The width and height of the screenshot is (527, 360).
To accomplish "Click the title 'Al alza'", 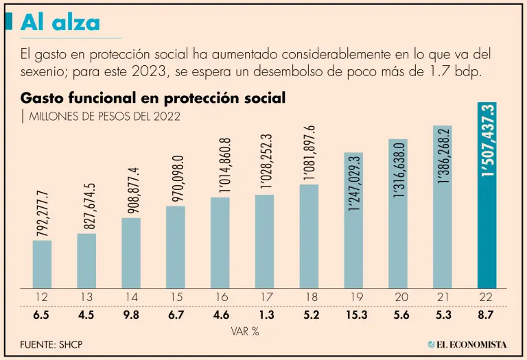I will pyautogui.click(x=60, y=23).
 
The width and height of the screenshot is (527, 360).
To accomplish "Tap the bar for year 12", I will pyautogui.click(x=42, y=264).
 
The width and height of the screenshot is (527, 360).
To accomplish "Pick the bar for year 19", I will pyautogui.click(x=353, y=219).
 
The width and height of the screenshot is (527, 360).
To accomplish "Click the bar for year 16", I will pyautogui.click(x=220, y=242).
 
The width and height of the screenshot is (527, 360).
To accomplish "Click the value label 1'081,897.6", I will pyautogui.click(x=309, y=153).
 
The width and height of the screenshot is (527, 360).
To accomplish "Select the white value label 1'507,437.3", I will pyautogui.click(x=487, y=141).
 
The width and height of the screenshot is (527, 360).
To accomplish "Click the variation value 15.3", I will pyautogui.click(x=353, y=315).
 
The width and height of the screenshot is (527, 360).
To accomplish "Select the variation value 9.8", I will pyautogui.click(x=131, y=315).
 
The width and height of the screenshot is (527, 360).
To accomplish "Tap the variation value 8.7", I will pyautogui.click(x=487, y=315).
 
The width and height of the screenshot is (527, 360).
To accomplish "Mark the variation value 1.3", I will pyautogui.click(x=265, y=315).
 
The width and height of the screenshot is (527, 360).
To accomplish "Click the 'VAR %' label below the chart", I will pyautogui.click(x=244, y=331).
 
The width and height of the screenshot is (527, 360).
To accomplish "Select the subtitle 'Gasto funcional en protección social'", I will pyautogui.click(x=153, y=98).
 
